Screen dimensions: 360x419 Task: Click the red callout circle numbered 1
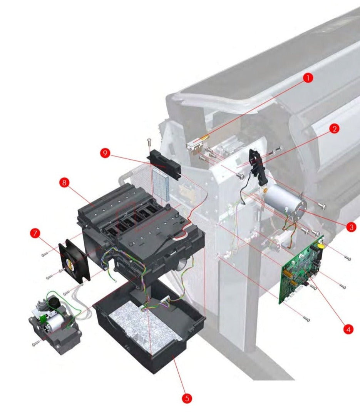(308, 78)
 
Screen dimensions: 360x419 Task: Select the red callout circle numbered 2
(334, 129)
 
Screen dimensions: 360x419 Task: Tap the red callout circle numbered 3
(352, 227)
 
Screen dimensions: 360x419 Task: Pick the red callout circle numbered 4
(348, 329)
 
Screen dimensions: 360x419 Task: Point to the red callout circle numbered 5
(187, 399)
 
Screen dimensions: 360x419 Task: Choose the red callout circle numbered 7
(35, 233)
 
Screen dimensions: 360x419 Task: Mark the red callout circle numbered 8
(64, 183)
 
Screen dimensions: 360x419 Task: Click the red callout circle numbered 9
(105, 153)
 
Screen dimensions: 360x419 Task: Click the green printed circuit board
(301, 269)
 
